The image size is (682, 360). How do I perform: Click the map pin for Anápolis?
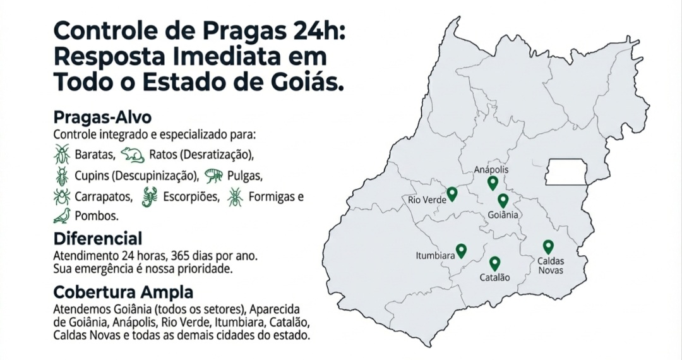click(x=493, y=183)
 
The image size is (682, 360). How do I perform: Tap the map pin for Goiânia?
click(x=503, y=201)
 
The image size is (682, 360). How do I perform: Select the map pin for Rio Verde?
click(x=452, y=194)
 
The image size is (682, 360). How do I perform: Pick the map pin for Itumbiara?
click(x=461, y=251)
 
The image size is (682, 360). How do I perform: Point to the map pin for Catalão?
click(x=494, y=263)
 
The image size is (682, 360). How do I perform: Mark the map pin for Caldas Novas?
click(x=548, y=247)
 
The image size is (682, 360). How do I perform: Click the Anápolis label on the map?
click(x=491, y=170)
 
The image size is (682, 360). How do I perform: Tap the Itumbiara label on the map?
click(x=435, y=256)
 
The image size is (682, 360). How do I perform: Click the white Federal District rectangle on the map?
click(x=566, y=172)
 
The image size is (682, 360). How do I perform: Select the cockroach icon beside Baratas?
click(x=62, y=153)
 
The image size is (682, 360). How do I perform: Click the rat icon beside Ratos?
click(x=133, y=154)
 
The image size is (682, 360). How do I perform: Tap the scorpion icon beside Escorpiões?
click(x=150, y=197)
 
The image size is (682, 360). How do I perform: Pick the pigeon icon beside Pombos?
click(x=62, y=216)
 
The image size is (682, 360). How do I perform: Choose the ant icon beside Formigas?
click(x=235, y=196)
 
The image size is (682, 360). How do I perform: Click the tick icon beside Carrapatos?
click(x=62, y=196)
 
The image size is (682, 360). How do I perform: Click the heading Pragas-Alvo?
click(x=102, y=118)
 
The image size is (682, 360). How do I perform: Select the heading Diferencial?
click(x=98, y=239)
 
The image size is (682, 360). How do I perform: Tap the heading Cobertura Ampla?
click(x=123, y=293)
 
